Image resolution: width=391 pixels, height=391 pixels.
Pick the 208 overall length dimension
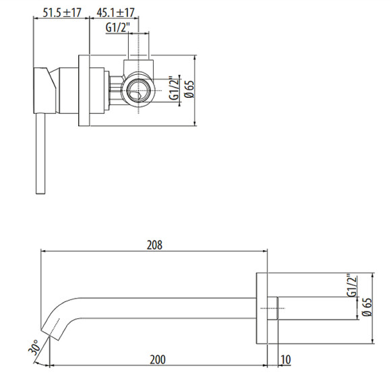tap(155, 245)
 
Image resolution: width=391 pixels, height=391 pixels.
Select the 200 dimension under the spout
tap(156, 360)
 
